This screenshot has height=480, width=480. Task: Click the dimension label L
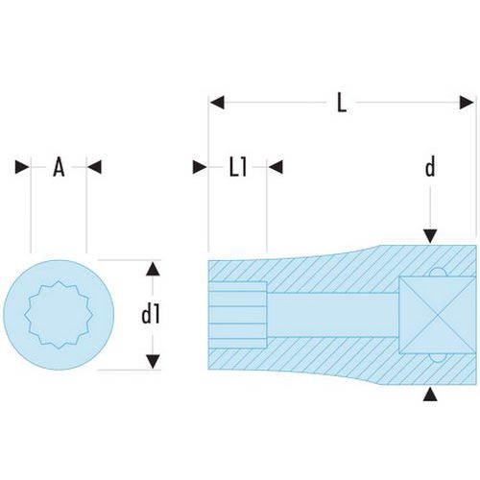coord(342,104)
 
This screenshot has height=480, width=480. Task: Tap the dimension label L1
coord(238,167)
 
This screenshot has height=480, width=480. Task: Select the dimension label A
coord(59,167)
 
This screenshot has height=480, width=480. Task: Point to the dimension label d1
coord(150,315)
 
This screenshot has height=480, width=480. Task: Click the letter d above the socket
coord(430,167)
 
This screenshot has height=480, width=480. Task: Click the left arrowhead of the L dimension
coord(217,103)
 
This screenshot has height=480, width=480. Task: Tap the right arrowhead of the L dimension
coord(467,103)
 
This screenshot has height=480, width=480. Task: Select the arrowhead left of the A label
coord(22,167)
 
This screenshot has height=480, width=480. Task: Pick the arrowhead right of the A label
coord(95,167)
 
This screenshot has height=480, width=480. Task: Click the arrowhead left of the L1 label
coord(200,167)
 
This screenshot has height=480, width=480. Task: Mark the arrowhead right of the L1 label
coord(276,167)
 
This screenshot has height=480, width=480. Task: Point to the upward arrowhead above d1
coord(153,269)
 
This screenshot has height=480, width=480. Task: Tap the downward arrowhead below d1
coord(153,361)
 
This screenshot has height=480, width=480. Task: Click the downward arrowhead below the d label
coord(430,236)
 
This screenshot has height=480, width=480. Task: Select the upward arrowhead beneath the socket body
coord(430,394)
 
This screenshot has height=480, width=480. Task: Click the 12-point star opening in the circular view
coord(59,315)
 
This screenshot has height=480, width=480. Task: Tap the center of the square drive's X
coord(438,315)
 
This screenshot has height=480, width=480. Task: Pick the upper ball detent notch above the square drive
coord(438,273)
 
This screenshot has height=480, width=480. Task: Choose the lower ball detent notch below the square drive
coord(438,358)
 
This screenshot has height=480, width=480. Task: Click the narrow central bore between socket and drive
coord(333,315)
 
